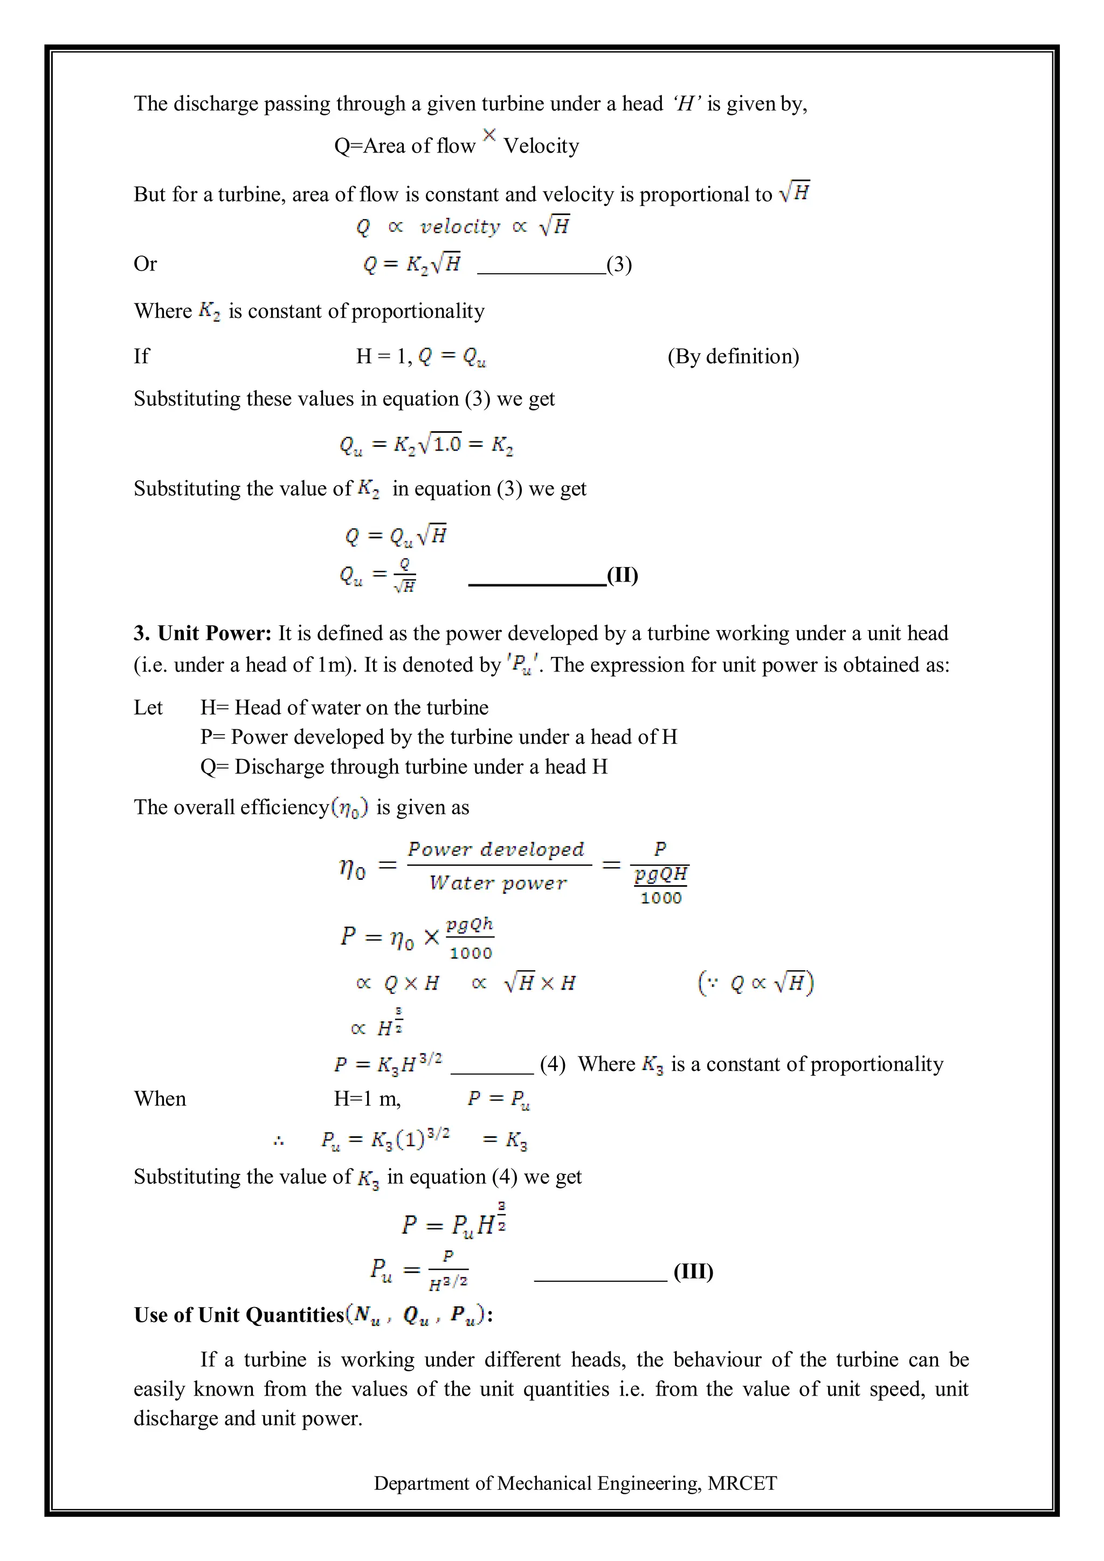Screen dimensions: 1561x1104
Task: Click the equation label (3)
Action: tap(619, 265)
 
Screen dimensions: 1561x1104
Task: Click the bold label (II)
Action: tap(622, 576)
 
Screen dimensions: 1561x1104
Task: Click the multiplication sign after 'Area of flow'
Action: tap(489, 135)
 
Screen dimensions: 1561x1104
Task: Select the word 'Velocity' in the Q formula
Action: tap(541, 146)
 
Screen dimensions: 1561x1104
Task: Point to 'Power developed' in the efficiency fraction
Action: tap(495, 849)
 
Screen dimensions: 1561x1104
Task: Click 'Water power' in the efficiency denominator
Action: tap(498, 883)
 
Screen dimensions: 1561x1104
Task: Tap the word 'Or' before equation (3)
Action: tap(145, 264)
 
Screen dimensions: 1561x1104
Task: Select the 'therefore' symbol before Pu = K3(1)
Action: tap(278, 1142)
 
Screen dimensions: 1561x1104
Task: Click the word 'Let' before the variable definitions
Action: tap(148, 708)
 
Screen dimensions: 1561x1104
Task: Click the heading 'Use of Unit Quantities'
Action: tap(239, 1315)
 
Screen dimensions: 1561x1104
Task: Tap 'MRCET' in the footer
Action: tap(742, 1483)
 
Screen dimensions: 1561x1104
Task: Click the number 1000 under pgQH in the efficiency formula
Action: tap(661, 898)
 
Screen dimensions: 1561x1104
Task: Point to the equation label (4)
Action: tap(552, 1064)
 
